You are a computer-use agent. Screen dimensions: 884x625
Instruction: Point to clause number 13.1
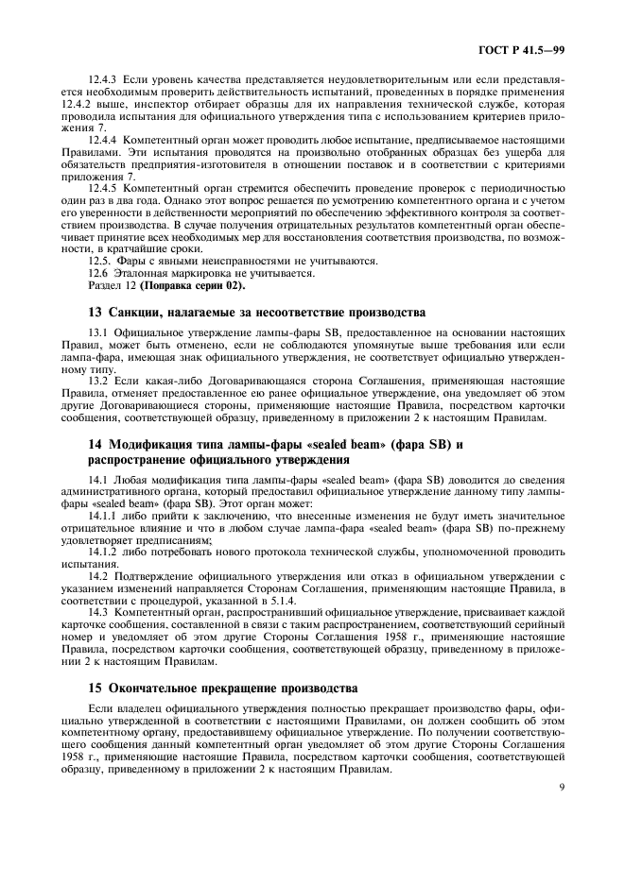96,334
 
